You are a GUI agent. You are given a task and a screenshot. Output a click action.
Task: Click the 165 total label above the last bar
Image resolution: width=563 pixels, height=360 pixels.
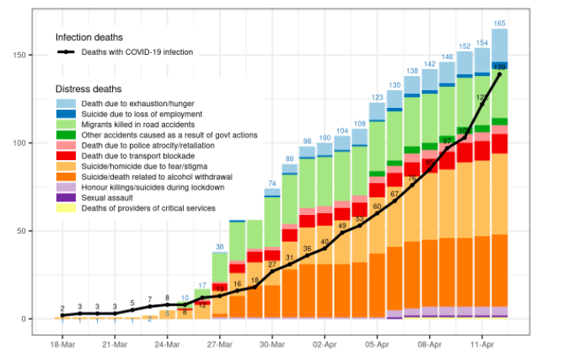click(500, 24)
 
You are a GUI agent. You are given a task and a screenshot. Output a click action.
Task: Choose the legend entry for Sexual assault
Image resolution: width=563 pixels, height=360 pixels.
click(109, 197)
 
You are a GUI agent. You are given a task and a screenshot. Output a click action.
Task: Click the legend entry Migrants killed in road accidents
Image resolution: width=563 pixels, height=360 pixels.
click(139, 124)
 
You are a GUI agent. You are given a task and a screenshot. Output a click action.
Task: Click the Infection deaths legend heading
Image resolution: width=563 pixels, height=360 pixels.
click(89, 38)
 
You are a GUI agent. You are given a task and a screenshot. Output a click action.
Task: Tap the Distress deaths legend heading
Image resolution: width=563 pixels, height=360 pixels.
click(88, 89)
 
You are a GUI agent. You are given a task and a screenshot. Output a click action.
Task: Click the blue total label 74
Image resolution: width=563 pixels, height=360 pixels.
click(272, 183)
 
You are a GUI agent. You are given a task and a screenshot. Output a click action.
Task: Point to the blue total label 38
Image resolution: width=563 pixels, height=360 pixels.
click(219, 246)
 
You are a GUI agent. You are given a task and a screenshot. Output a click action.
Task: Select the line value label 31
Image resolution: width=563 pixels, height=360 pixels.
click(289, 258)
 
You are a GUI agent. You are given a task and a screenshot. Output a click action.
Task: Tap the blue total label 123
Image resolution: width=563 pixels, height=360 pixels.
click(378, 97)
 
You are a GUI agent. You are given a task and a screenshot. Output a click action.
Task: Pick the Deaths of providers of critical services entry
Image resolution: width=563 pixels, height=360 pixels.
click(148, 207)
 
